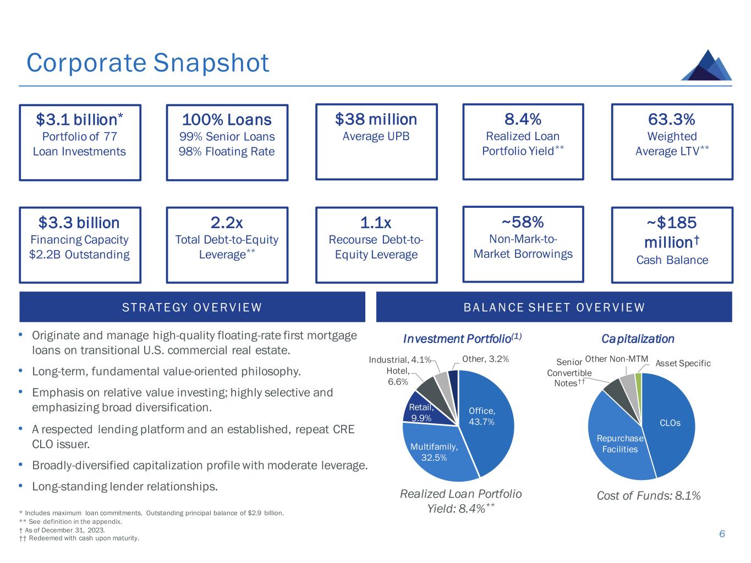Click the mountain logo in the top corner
pyautogui.click(x=707, y=65)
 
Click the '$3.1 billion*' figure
pyautogui.click(x=80, y=119)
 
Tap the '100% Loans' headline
pyautogui.click(x=227, y=119)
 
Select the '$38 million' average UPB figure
pyautogui.click(x=376, y=119)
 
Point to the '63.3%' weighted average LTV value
pyautogui.click(x=672, y=119)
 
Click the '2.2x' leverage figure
pyautogui.click(x=227, y=223)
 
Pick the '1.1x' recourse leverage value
pyautogui.click(x=376, y=223)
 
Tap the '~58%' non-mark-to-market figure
pyautogui.click(x=523, y=222)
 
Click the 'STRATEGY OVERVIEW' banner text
pyautogui.click(x=192, y=307)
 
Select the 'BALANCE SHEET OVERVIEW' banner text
pyautogui.click(x=554, y=307)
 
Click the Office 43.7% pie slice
pyautogui.click(x=487, y=418)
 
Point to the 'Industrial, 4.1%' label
pyautogui.click(x=399, y=360)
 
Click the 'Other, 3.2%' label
pyautogui.click(x=485, y=359)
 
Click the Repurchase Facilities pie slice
pyautogui.click(x=619, y=443)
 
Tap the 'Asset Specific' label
pyautogui.click(x=683, y=363)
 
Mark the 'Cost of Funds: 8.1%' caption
pyautogui.click(x=649, y=496)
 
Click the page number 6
pyautogui.click(x=722, y=534)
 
